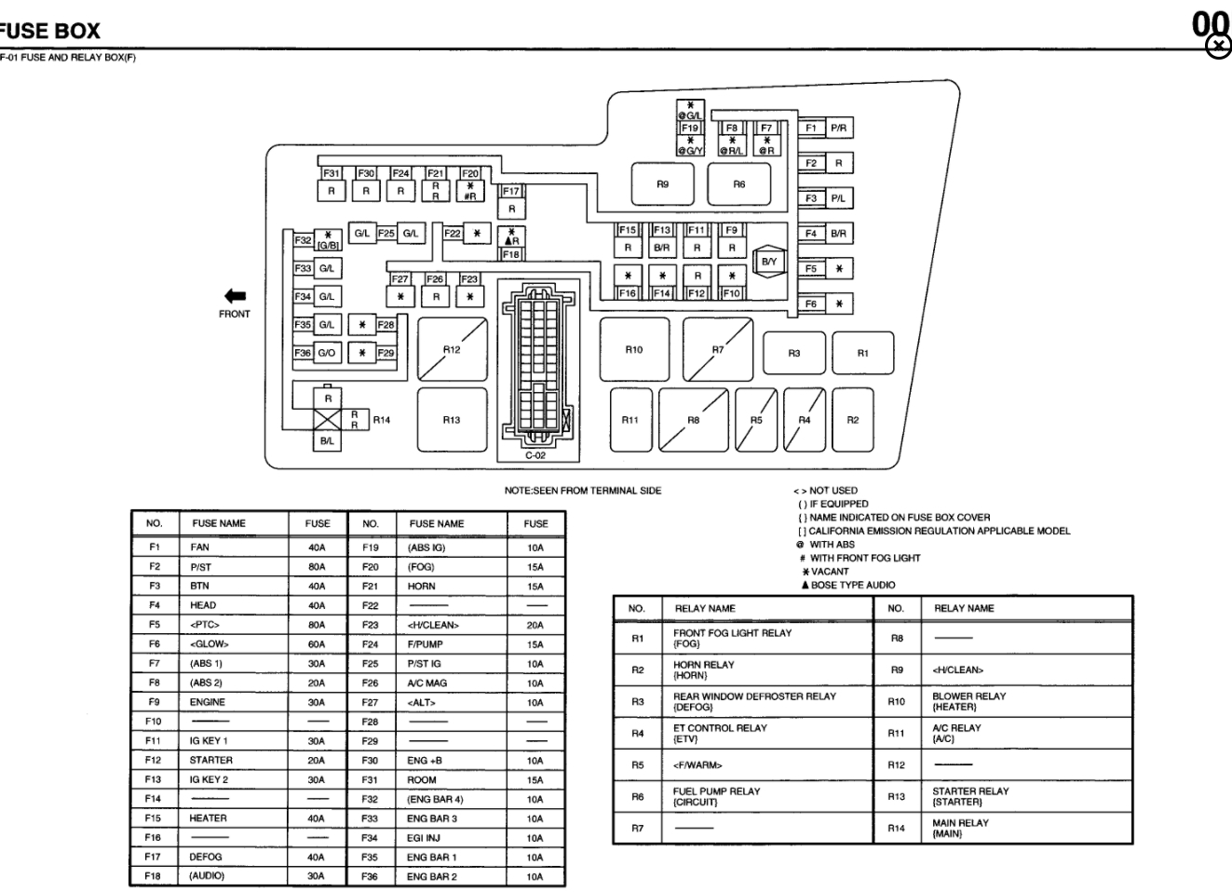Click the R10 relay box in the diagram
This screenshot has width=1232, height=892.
(x=633, y=349)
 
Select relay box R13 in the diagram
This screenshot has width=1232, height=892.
(x=452, y=420)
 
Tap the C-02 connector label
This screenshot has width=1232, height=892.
(x=535, y=455)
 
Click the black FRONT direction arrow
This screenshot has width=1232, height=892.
(x=235, y=295)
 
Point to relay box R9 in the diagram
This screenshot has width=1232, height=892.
(x=662, y=184)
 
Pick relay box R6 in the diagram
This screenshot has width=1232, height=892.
(x=738, y=184)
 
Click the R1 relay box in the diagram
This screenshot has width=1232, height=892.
(x=863, y=353)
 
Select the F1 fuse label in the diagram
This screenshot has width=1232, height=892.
(x=811, y=128)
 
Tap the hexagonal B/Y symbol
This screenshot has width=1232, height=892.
(x=768, y=262)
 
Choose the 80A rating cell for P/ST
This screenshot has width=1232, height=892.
(x=317, y=567)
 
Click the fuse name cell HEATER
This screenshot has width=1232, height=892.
(x=209, y=818)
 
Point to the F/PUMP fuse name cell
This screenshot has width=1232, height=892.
(x=426, y=644)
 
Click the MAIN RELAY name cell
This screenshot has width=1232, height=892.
(x=960, y=828)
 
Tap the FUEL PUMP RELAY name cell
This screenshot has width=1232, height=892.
(x=716, y=796)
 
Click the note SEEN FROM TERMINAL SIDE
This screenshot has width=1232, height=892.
(x=583, y=491)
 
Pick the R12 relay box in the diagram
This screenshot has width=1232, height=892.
(x=452, y=350)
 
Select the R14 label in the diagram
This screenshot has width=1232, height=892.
(x=381, y=420)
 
